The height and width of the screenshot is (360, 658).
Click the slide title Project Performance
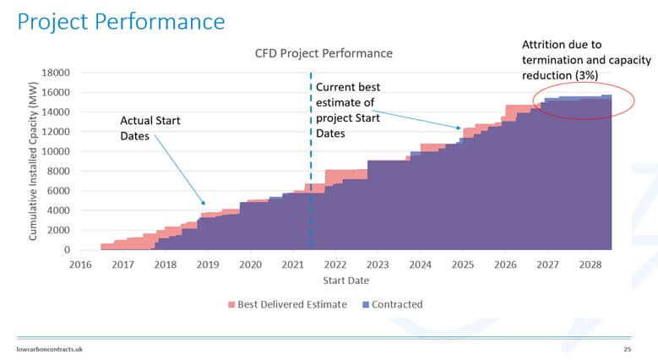(x=121, y=21)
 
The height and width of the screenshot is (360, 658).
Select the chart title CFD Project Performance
(x=324, y=53)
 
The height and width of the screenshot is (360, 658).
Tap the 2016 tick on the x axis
(x=80, y=265)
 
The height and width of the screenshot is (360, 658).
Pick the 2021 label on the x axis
(x=293, y=265)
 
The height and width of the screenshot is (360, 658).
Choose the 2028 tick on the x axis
(x=590, y=265)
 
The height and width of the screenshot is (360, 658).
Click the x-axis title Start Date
(x=345, y=281)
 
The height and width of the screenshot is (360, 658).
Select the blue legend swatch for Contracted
(x=365, y=304)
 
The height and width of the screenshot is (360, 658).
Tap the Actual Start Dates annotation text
(x=150, y=129)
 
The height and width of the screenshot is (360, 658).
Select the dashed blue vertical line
(x=312, y=169)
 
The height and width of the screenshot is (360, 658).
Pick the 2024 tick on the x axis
(x=420, y=265)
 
